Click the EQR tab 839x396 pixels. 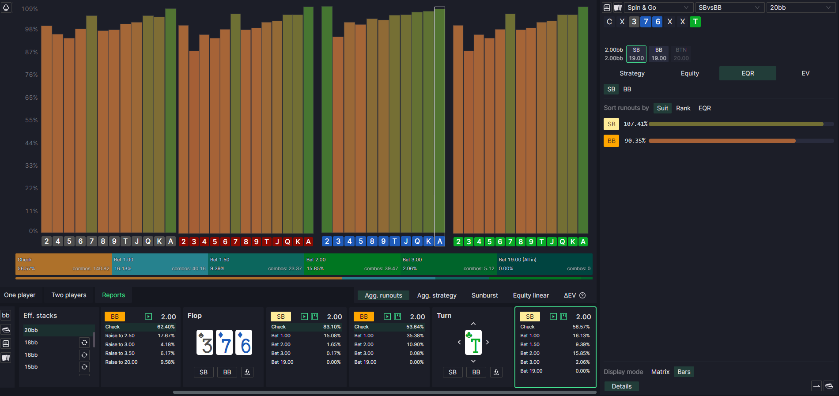(x=748, y=73)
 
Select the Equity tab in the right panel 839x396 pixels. (x=690, y=73)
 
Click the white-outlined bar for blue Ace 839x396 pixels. (x=440, y=119)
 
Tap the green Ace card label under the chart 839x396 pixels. (x=583, y=241)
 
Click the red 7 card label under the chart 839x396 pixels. (x=235, y=241)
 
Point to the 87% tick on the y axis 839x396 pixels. (x=31, y=52)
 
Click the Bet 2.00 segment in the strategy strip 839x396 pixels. (x=352, y=264)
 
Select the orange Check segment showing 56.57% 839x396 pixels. (x=63, y=264)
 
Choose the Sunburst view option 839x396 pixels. (x=484, y=295)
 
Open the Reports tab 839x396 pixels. (x=113, y=295)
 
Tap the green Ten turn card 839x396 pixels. (x=473, y=343)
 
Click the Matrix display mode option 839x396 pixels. (x=660, y=372)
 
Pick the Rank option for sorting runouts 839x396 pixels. (x=683, y=108)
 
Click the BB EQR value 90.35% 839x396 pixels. (x=635, y=141)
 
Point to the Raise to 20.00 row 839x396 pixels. (x=140, y=362)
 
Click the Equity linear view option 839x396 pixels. (x=531, y=295)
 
